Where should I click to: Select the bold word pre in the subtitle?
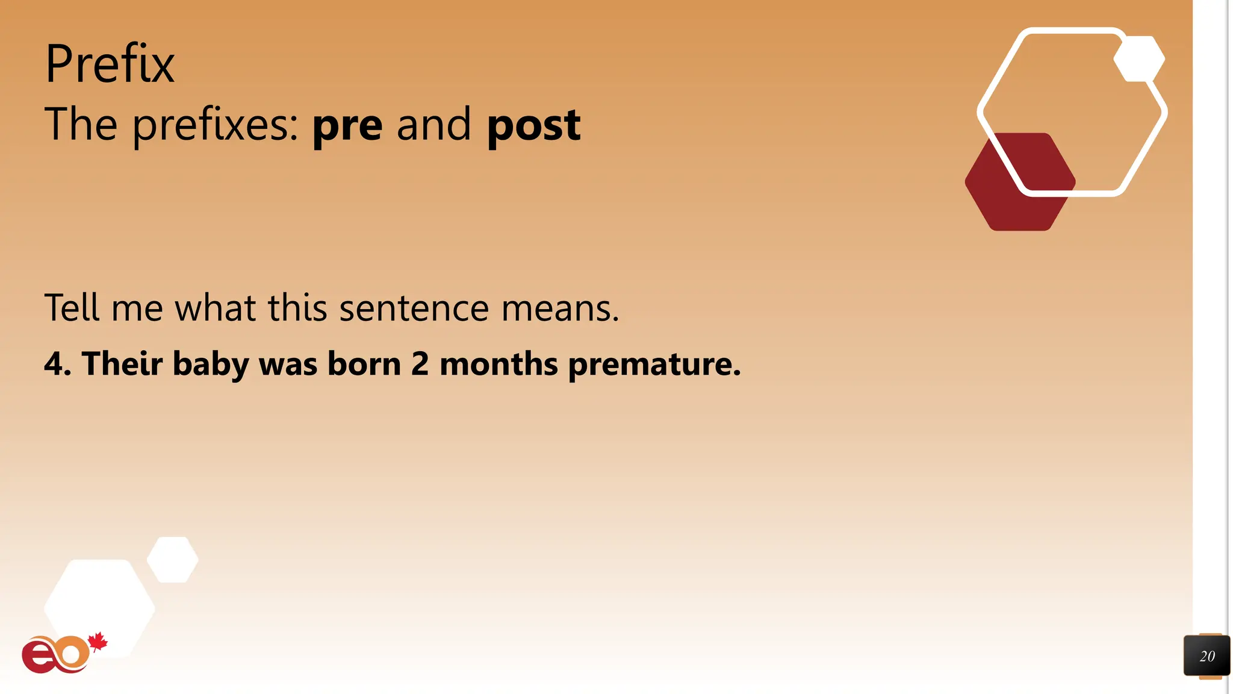click(x=347, y=125)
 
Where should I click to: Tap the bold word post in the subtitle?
click(x=533, y=125)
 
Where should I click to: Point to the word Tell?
click(x=72, y=308)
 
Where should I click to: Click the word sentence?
click(x=414, y=308)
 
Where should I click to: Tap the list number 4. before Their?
click(x=58, y=364)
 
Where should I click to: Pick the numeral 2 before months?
click(x=420, y=364)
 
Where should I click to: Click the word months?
click(x=498, y=364)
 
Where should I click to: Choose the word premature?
click(x=654, y=364)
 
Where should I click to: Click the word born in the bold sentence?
click(x=364, y=364)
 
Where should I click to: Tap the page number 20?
click(x=1207, y=656)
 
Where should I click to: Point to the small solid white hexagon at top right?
click(x=1139, y=58)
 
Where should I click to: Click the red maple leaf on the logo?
click(x=98, y=642)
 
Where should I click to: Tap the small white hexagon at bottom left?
click(x=173, y=560)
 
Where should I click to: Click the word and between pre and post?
click(x=433, y=125)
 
